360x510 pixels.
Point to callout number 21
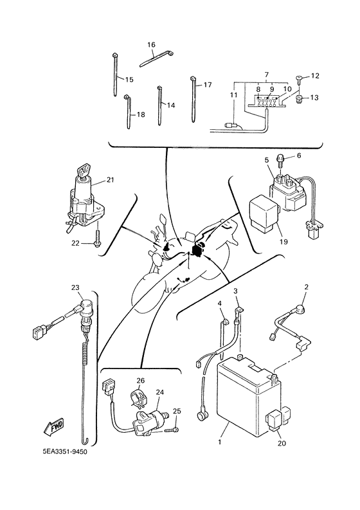[x=110, y=180]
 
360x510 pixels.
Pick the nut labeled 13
[x=299, y=98]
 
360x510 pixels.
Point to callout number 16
[x=152, y=44]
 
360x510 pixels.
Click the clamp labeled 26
[x=138, y=397]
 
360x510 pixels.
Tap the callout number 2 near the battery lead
[x=307, y=287]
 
